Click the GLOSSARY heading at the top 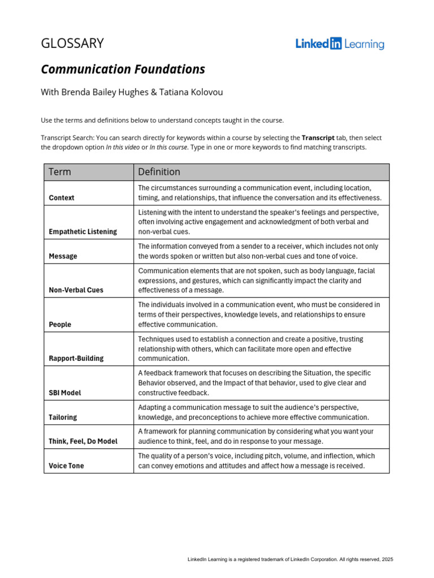pyautogui.click(x=72, y=43)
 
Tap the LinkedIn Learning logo pyautogui.click(x=340, y=44)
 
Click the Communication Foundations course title pyautogui.click(x=123, y=69)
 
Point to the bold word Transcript pyautogui.click(x=318, y=138)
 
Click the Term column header pyautogui.click(x=60, y=172)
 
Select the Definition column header pyautogui.click(x=159, y=172)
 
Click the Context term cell pyautogui.click(x=62, y=198)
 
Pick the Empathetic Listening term pyautogui.click(x=83, y=231)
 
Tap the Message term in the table pyautogui.click(x=63, y=256)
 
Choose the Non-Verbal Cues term pyautogui.click(x=76, y=290)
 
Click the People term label pyautogui.click(x=60, y=325)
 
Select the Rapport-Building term pyautogui.click(x=76, y=358)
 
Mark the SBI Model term pyautogui.click(x=65, y=393)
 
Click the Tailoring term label pyautogui.click(x=63, y=417)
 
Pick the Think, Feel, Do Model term pyautogui.click(x=84, y=441)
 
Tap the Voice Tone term pyautogui.click(x=66, y=466)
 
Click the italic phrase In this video pyautogui.click(x=124, y=147)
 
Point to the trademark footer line pyautogui.click(x=290, y=559)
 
